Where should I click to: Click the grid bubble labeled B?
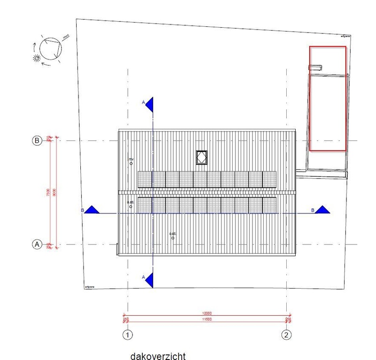(x=37, y=140)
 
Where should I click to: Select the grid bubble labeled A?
(x=37, y=244)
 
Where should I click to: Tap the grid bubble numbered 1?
(x=127, y=335)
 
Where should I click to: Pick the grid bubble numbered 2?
(x=286, y=335)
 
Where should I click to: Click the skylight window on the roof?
(x=202, y=157)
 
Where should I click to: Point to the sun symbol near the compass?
(x=36, y=58)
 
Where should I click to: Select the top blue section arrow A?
(x=149, y=104)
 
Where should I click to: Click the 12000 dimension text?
(x=207, y=313)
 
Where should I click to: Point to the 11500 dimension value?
(x=207, y=320)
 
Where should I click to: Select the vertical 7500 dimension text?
(x=48, y=192)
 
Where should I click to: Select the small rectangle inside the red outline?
(x=315, y=68)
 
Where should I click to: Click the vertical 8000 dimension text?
(x=55, y=192)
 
